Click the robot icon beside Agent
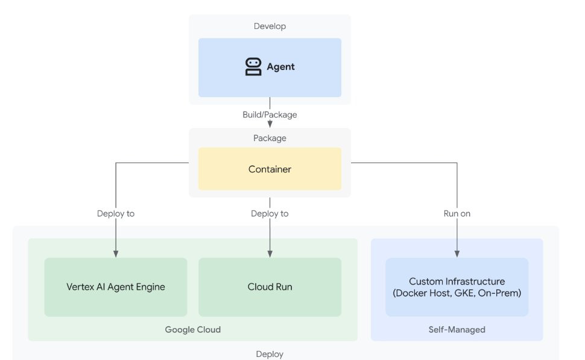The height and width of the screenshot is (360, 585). point(253,67)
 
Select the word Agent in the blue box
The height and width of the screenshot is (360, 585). point(280,67)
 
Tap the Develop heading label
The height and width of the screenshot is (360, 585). point(270,26)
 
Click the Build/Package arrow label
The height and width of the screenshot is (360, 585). point(270,115)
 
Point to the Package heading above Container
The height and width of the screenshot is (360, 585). point(270,138)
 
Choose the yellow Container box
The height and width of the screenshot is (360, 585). point(270,169)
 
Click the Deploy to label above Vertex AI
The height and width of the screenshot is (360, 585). point(116,213)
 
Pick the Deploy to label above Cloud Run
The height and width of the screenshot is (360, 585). point(270,213)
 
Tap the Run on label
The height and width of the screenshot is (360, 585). point(457,213)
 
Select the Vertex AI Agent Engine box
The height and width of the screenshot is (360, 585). point(116,287)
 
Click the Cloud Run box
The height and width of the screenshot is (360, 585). point(270,287)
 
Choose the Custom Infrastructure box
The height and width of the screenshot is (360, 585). point(457,287)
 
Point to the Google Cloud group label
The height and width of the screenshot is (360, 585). point(193,329)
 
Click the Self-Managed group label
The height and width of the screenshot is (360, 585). point(457,329)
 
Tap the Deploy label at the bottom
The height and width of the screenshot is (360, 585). point(270,354)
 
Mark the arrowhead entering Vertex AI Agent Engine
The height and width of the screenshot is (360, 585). point(116,254)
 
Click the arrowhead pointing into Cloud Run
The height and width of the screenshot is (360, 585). point(270,254)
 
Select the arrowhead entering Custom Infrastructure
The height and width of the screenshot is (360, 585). point(457,254)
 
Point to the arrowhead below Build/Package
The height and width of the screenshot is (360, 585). point(270,124)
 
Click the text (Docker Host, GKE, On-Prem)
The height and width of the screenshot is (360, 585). point(457,293)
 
